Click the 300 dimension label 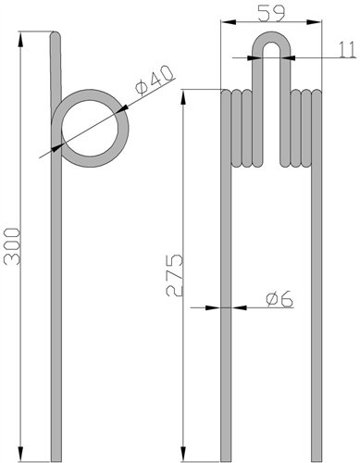(x=13, y=246)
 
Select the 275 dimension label (x=175, y=276)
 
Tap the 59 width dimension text (x=271, y=14)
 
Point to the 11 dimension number (x=348, y=50)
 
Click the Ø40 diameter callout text (x=155, y=81)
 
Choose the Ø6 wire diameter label (x=279, y=299)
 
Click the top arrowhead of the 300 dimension (x=21, y=39)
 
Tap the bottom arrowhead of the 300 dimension (x=21, y=454)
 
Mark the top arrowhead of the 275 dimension (x=183, y=98)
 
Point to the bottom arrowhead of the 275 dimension (x=183, y=454)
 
